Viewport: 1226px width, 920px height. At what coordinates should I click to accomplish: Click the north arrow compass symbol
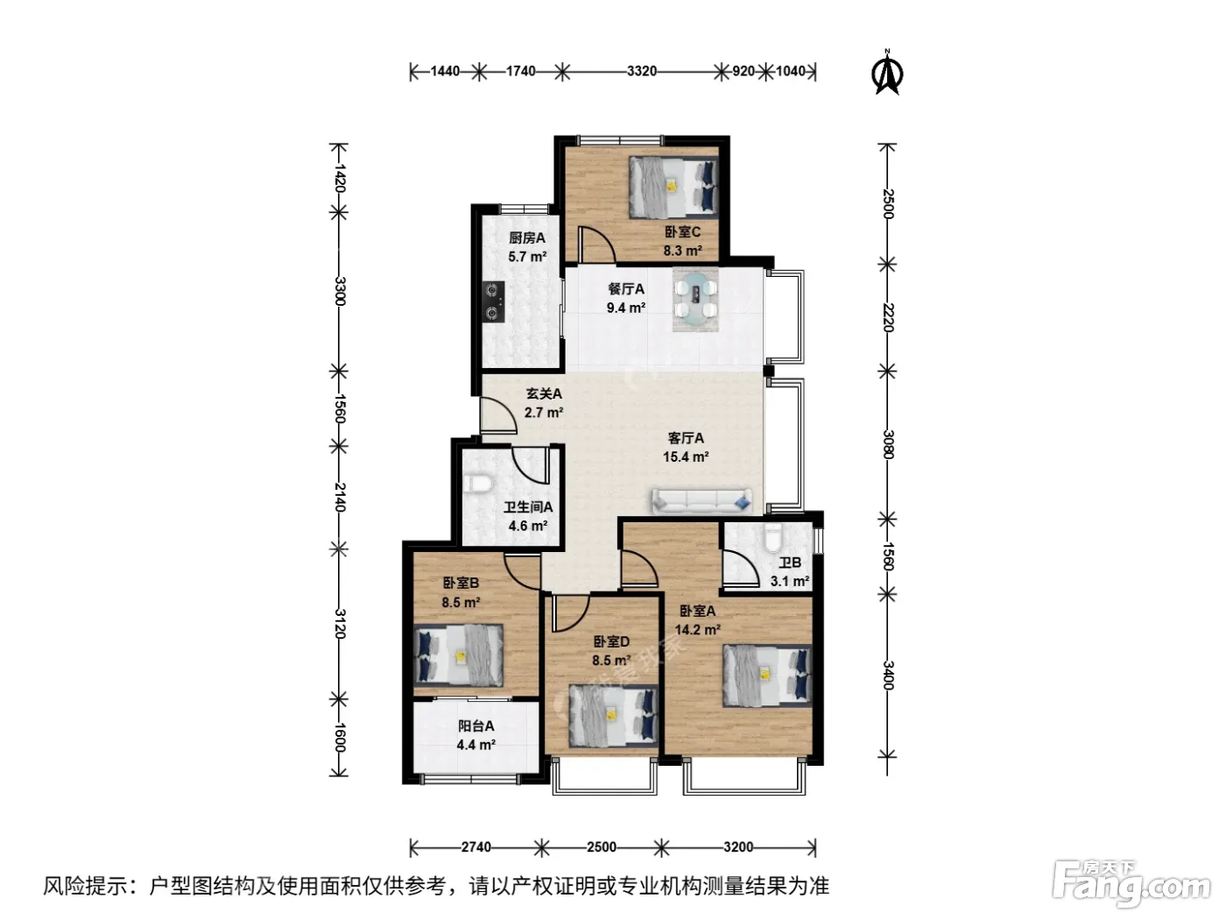click(886, 73)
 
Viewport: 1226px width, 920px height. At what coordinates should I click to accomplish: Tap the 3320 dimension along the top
click(641, 72)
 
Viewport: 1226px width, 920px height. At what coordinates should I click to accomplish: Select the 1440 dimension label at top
click(445, 72)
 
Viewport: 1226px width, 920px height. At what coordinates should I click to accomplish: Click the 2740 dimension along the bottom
click(476, 846)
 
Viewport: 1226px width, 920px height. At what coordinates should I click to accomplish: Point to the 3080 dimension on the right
click(888, 444)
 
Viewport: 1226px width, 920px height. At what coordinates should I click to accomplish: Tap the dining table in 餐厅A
click(694, 300)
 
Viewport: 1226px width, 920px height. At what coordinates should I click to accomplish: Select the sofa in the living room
click(701, 501)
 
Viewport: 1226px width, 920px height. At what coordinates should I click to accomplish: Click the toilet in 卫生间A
click(476, 483)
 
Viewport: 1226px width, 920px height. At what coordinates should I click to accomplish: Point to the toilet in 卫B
click(772, 537)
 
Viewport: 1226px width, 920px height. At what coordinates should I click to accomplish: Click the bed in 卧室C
click(673, 188)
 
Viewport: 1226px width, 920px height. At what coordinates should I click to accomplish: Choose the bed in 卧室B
click(458, 655)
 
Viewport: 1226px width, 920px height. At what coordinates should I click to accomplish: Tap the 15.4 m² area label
click(686, 456)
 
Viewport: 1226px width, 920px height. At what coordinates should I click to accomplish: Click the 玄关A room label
click(544, 393)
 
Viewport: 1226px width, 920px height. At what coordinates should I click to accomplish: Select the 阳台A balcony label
click(476, 726)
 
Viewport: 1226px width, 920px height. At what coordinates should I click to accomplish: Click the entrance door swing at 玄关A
click(499, 414)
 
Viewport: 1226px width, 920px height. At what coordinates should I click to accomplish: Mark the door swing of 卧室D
click(571, 612)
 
